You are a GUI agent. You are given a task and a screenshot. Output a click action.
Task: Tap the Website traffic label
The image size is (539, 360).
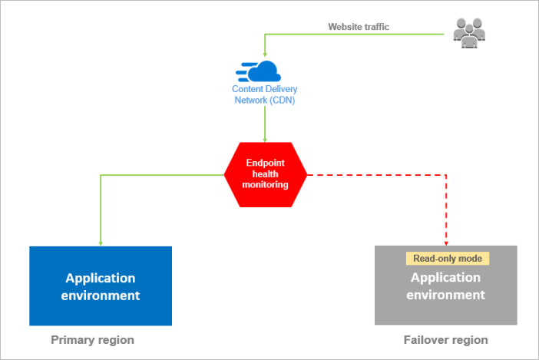coord(359,27)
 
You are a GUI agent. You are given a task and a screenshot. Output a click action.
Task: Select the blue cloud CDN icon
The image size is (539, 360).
coord(261,71)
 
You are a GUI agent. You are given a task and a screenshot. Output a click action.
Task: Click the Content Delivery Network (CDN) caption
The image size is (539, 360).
coord(265,94)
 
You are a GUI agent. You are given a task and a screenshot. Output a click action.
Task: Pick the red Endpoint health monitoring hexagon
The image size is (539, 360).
coord(266,174)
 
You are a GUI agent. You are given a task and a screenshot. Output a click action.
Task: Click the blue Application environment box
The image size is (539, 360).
coord(101,286)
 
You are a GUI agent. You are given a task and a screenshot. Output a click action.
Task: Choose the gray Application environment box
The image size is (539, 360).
coord(445,286)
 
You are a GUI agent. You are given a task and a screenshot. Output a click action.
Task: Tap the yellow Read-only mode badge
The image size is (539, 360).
coord(447,259)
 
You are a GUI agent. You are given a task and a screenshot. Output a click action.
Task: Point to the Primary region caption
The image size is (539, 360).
coord(92,339)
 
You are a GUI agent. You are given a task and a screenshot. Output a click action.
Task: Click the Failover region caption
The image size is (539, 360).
coord(445,339)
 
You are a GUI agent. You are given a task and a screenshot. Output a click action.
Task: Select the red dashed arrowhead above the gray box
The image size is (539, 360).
coord(446,242)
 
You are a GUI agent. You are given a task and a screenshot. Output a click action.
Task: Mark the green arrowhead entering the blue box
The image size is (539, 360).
coord(101,242)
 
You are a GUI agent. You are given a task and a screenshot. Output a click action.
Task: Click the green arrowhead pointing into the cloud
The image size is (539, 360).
coord(266,57)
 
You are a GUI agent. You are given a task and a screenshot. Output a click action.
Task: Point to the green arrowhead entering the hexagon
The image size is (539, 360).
coord(266,139)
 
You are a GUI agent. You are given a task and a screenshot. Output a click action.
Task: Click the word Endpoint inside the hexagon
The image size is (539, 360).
coord(265,163)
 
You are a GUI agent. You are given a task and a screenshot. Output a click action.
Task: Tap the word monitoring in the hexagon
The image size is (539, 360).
coord(266,185)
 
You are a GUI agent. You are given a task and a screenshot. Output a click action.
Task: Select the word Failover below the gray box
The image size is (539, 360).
coord(426,339)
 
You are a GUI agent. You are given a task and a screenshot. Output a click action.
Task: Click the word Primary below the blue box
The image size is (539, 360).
coord(73,339)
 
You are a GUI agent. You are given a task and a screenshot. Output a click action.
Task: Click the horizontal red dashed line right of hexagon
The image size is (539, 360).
coord(376,175)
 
